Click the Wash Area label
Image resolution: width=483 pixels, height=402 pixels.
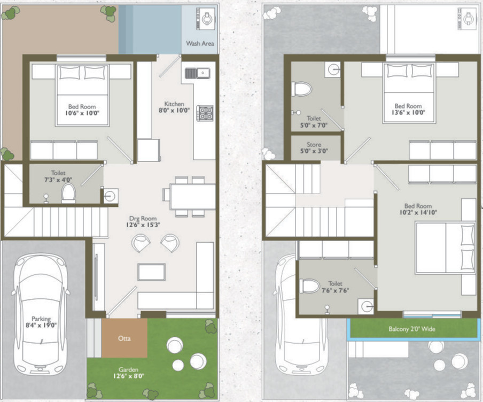[x=200, y=43]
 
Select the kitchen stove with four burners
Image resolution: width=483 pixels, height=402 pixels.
[x=206, y=113]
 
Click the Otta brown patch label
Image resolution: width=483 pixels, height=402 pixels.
[x=124, y=338]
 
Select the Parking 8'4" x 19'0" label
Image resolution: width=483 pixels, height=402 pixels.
[x=40, y=322]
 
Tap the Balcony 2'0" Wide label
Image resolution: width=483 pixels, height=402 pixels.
[x=411, y=329]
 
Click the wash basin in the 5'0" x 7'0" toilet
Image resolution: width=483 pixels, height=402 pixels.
[x=333, y=68]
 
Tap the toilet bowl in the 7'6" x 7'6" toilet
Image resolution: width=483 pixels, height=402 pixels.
[x=309, y=286]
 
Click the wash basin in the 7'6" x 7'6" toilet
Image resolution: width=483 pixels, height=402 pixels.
[x=366, y=306]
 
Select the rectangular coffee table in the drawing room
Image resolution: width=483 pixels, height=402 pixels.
[x=151, y=272]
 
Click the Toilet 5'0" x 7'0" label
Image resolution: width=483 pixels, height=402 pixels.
[x=314, y=122]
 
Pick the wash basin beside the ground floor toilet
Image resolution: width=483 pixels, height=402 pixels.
[x=110, y=196]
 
